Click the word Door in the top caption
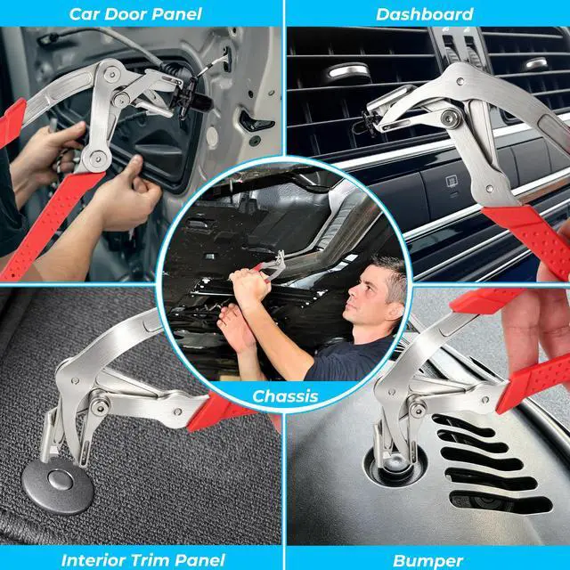click(123, 14)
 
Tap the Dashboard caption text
click(425, 14)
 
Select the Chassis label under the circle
click(285, 396)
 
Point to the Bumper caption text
click(427, 561)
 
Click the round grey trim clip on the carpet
click(58, 484)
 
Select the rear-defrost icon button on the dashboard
click(452, 182)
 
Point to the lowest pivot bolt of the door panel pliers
click(97, 158)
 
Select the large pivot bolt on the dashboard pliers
click(450, 118)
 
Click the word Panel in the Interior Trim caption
click(200, 560)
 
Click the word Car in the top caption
click(82, 14)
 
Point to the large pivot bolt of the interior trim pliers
click(99, 403)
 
